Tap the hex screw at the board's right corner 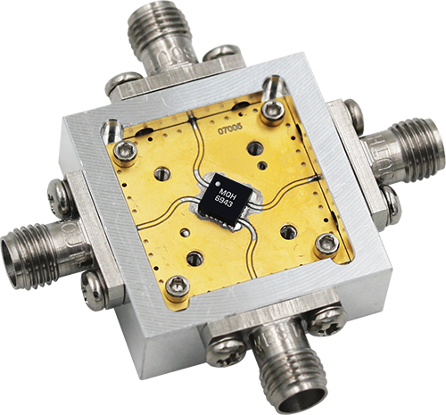pos(326,243)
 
